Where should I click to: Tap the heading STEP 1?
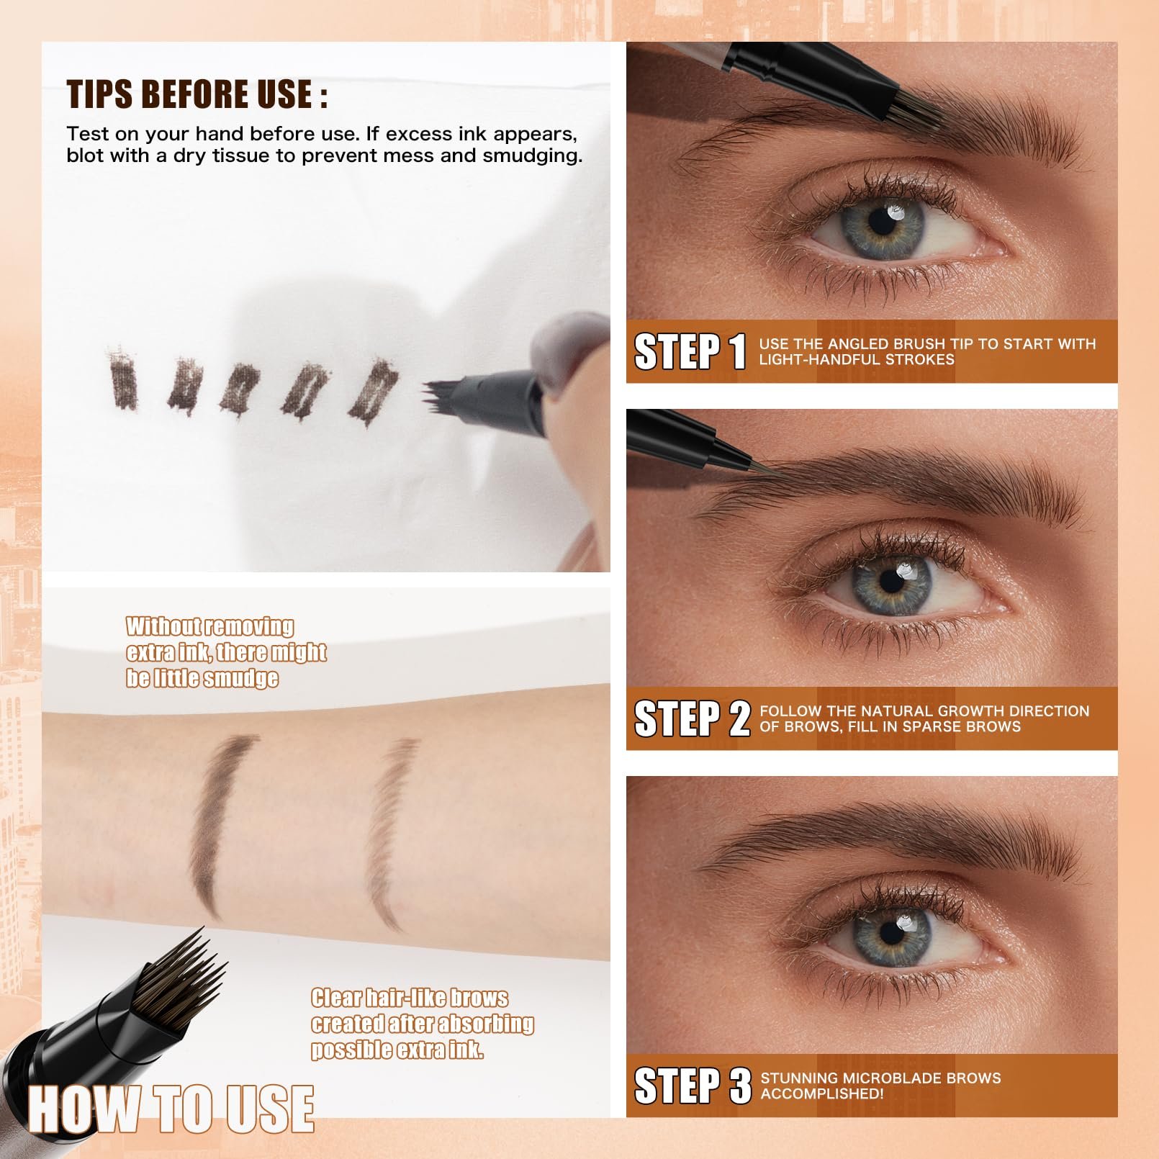690,352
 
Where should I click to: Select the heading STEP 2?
692,719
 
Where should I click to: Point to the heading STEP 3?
692,1086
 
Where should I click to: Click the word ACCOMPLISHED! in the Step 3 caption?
821,1093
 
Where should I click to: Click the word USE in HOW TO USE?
271,1109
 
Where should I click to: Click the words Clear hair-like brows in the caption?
409,998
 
